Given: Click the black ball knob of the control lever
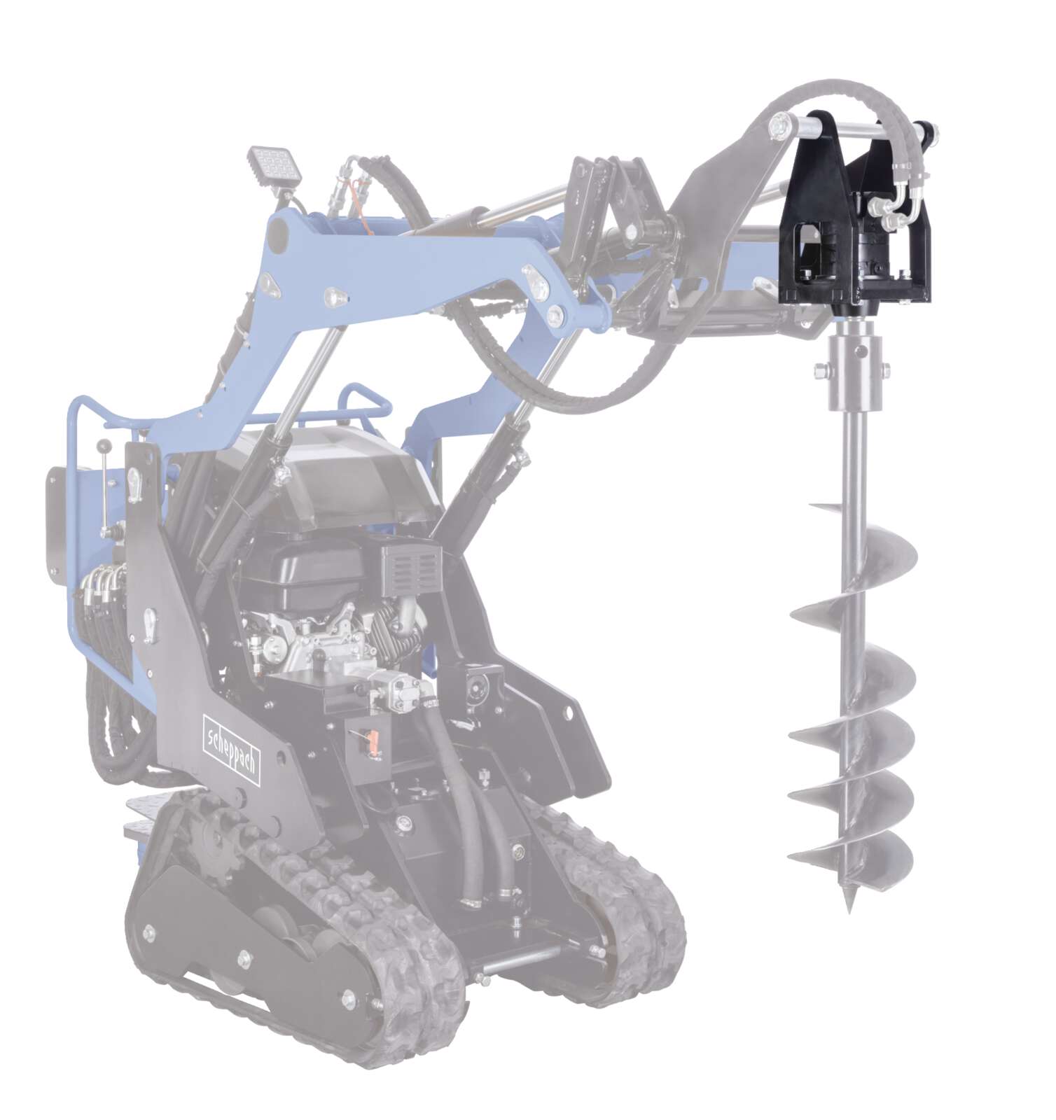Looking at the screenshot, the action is click(106, 444).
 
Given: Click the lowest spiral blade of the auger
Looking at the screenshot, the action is click(851, 857).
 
